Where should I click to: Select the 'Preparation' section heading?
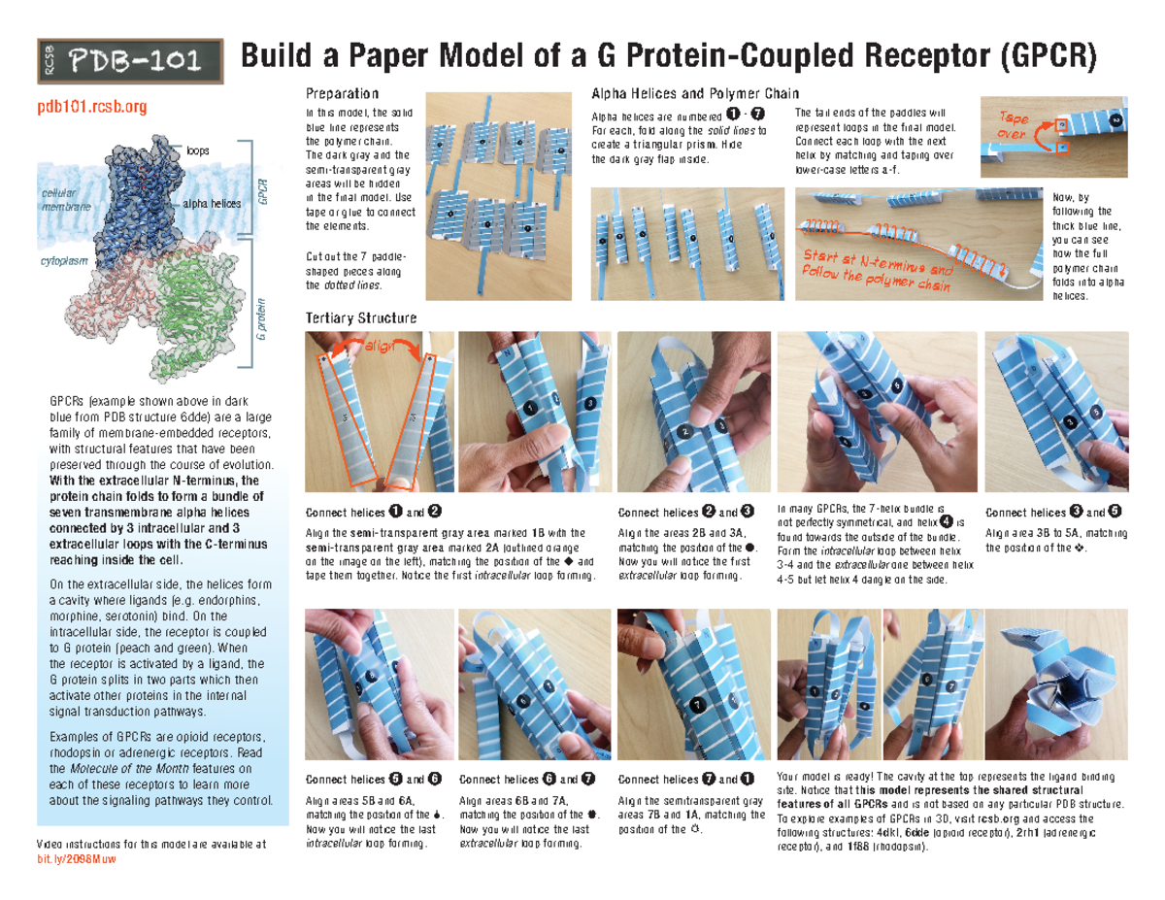pyautogui.click(x=342, y=94)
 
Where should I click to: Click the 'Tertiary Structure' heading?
pyautogui.click(x=360, y=318)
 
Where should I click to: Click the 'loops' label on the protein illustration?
pyautogui.click(x=197, y=151)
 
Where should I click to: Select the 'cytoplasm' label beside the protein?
pyautogui.click(x=64, y=262)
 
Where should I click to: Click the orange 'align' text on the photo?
pyautogui.click(x=377, y=348)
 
